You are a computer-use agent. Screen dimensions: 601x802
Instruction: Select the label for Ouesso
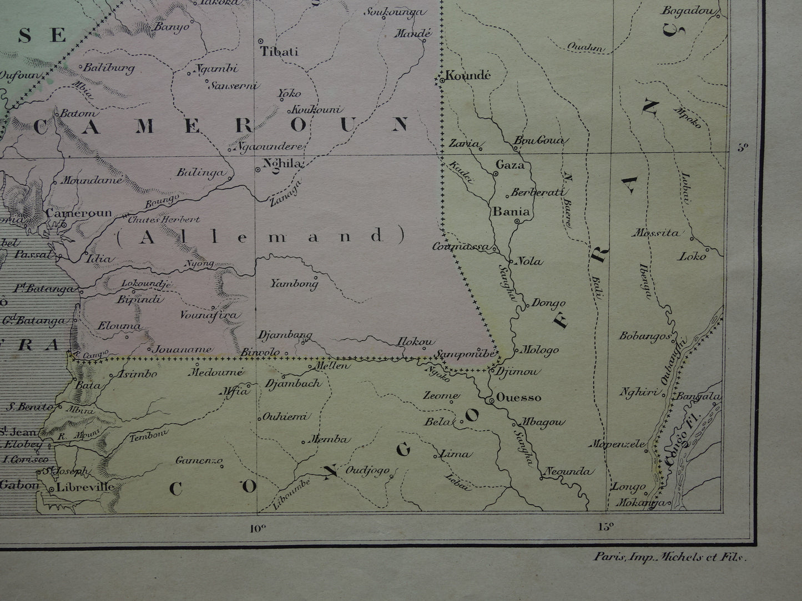pyautogui.click(x=518, y=398)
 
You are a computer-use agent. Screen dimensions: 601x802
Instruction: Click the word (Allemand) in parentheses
pyautogui.click(x=259, y=237)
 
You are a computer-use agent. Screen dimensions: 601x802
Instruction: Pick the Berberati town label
pyautogui.click(x=537, y=192)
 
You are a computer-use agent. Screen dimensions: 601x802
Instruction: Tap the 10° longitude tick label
pyautogui.click(x=256, y=527)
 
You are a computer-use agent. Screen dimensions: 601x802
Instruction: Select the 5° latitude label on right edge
pyautogui.click(x=742, y=147)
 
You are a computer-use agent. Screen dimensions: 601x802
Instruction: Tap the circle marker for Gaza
pyautogui.click(x=495, y=174)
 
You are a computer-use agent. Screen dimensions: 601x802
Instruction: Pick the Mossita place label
pyautogui.click(x=658, y=233)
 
